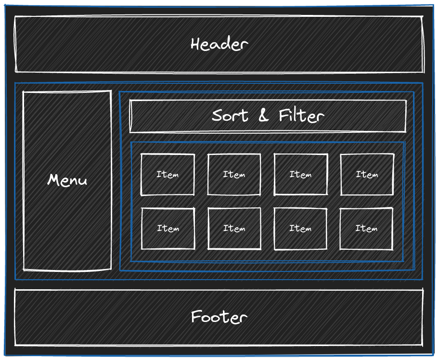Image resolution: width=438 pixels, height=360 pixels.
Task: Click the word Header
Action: [x=219, y=44]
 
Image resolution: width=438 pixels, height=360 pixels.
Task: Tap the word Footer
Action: [x=219, y=317]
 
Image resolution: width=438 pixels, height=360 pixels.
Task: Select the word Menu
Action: [x=67, y=180]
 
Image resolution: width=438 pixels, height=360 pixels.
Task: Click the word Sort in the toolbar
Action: [x=230, y=116]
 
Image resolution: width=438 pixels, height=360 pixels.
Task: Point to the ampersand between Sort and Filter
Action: [x=263, y=116]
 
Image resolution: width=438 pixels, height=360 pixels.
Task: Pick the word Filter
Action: [x=301, y=116]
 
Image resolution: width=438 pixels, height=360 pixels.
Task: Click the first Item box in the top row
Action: [x=167, y=175]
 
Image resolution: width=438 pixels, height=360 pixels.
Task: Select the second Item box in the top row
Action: [x=234, y=175]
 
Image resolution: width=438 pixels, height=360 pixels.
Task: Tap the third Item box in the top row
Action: [x=301, y=175]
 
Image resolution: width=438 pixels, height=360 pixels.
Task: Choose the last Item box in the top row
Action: [x=367, y=175]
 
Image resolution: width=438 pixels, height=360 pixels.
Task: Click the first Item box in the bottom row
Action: [x=168, y=229]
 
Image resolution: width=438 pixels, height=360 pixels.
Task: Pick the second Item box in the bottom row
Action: [x=234, y=229]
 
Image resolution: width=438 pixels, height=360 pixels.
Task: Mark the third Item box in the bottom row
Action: [x=300, y=229]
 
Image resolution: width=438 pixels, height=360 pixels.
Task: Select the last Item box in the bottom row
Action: [x=366, y=229]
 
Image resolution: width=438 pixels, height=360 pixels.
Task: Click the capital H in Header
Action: [x=195, y=44]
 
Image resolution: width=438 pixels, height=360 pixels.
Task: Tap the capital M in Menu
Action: [x=52, y=180]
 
